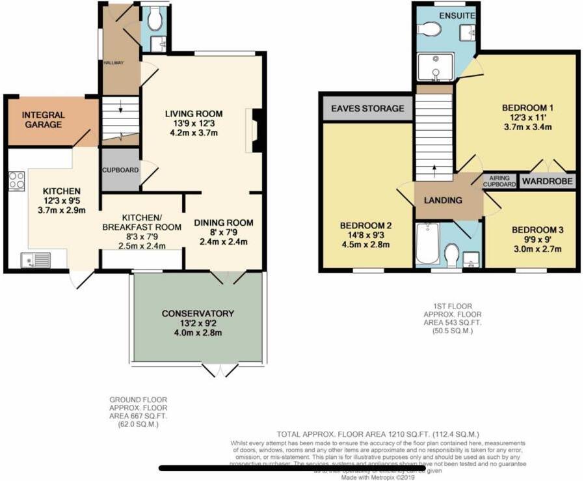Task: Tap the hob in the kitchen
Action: click(16, 180)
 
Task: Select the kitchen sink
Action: click(35, 260)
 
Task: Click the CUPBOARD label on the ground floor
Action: click(120, 170)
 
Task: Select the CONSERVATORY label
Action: click(198, 314)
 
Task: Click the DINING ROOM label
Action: click(224, 223)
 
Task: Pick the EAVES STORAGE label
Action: click(367, 109)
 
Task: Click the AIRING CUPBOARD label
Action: click(498, 181)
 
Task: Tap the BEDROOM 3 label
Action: click(537, 230)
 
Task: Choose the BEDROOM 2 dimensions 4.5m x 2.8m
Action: click(364, 245)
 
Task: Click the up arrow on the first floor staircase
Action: click(434, 171)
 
